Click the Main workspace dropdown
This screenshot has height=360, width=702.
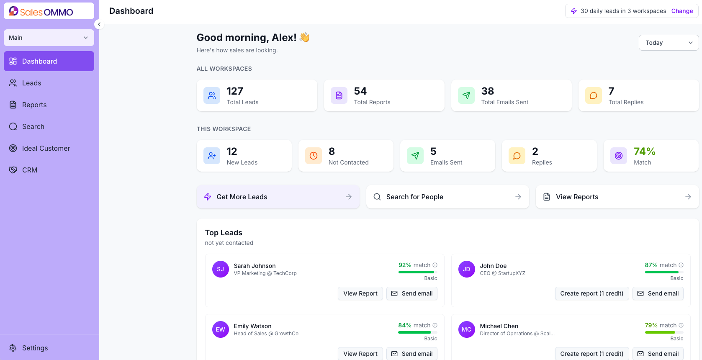point(49,38)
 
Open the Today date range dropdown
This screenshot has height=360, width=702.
point(669,43)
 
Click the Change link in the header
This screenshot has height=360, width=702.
point(682,11)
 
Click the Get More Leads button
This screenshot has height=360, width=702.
point(278,197)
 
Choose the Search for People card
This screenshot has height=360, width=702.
point(447,197)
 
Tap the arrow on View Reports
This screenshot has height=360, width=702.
point(688,197)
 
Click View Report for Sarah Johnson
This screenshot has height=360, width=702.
point(360,293)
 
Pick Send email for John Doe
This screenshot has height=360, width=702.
point(658,293)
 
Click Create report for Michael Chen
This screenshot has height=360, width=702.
point(591,353)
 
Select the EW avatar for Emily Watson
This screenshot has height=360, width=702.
point(220,329)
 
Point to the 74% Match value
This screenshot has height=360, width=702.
point(644,152)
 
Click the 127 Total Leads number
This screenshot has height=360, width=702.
point(235,91)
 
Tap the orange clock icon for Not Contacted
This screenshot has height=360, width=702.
point(314,156)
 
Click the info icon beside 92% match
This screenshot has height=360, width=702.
point(435,265)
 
